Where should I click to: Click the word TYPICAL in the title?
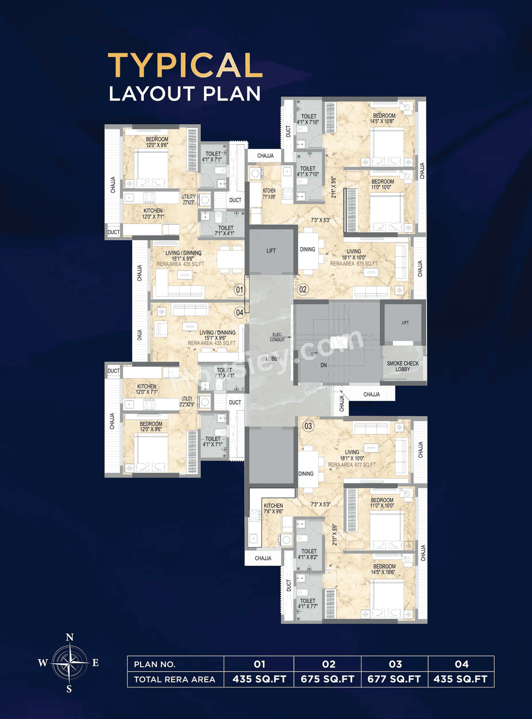(x=185, y=65)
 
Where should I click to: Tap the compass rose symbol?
(x=70, y=662)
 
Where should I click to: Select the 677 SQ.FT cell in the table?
(x=394, y=679)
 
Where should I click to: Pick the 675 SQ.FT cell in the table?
(x=328, y=679)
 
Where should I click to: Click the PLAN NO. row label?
(x=155, y=664)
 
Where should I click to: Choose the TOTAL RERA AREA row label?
(x=175, y=679)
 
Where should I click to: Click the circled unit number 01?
(x=239, y=290)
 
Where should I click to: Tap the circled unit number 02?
(x=303, y=290)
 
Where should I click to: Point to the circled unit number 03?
(x=308, y=426)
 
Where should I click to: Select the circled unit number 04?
(x=240, y=313)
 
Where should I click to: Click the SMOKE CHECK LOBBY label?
(x=403, y=366)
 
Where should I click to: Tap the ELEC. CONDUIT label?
(x=277, y=337)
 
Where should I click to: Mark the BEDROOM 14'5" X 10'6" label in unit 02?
(x=384, y=118)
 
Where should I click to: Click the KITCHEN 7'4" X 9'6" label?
(x=273, y=508)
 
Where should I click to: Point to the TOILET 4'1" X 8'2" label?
(x=308, y=554)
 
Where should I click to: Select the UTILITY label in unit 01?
(x=188, y=199)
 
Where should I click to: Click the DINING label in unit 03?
(x=306, y=473)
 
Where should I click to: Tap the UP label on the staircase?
(x=314, y=354)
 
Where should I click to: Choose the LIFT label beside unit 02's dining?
(x=271, y=251)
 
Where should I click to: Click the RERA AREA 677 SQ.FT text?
(x=352, y=465)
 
